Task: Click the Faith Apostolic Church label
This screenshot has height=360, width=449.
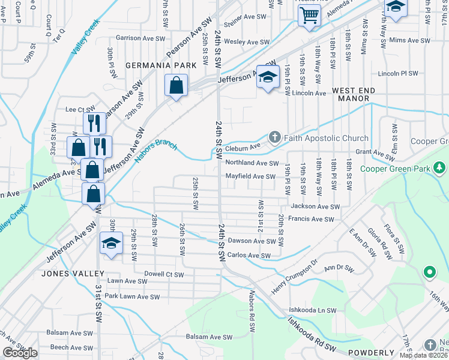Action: [x=327, y=138]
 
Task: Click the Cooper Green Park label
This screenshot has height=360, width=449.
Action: [x=396, y=169]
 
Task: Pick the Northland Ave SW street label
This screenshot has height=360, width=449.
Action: [x=252, y=163]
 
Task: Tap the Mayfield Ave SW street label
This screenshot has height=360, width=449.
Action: [x=251, y=176]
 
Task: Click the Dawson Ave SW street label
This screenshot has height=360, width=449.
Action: [x=252, y=241]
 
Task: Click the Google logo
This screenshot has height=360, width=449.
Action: [x=20, y=353]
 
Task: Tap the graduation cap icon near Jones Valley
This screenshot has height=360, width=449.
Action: [x=111, y=243]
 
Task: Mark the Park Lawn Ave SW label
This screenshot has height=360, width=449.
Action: [x=132, y=296]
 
